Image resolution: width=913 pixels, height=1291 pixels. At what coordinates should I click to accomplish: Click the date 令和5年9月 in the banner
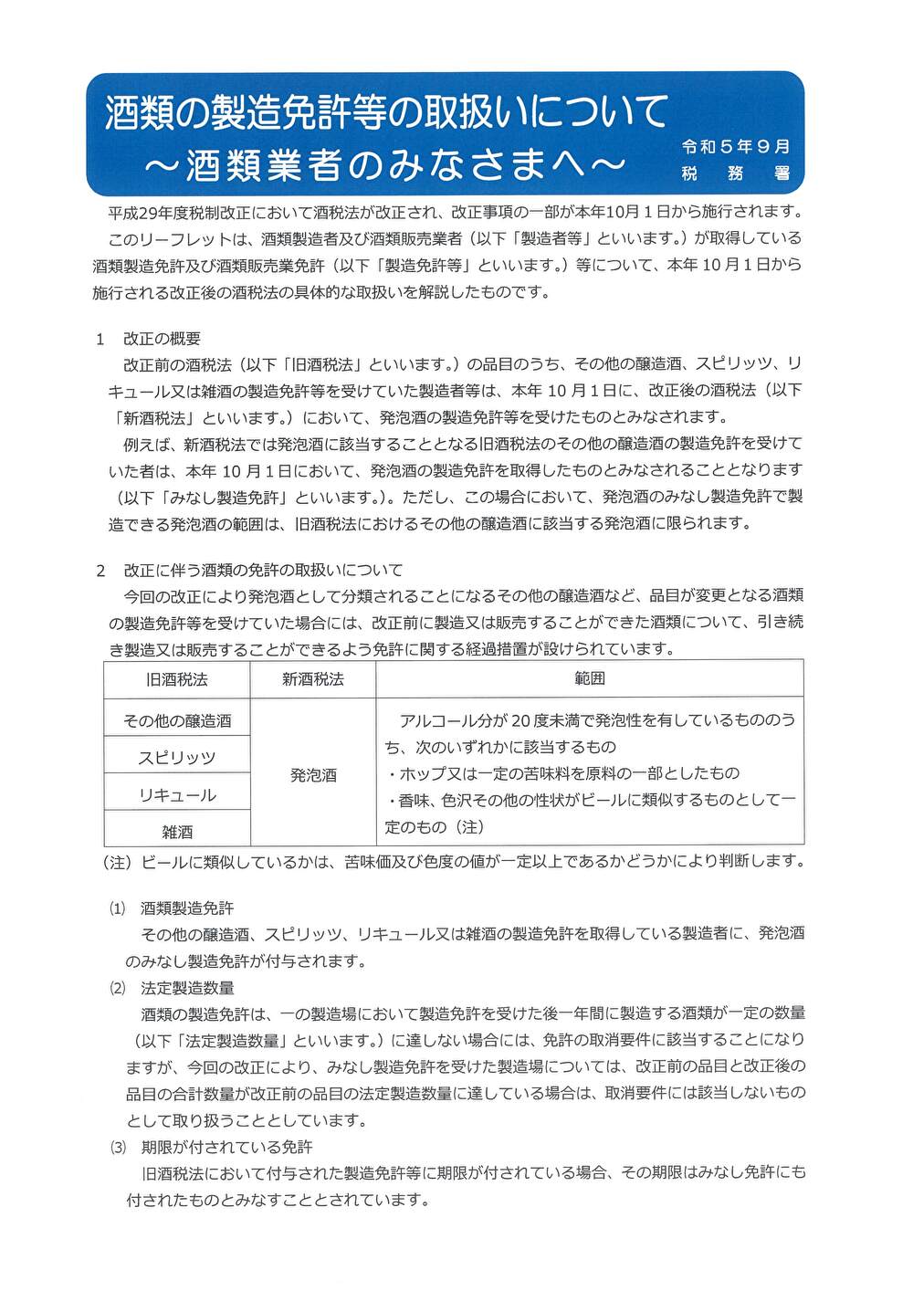click(x=735, y=146)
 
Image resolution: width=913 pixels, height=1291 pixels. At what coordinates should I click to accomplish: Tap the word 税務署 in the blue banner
click(x=735, y=173)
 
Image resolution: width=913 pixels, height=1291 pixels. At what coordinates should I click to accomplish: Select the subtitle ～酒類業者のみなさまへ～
click(x=385, y=164)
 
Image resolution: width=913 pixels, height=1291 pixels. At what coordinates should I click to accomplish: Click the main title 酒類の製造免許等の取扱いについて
click(x=386, y=111)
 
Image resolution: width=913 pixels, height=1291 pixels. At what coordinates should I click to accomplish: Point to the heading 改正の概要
click(x=162, y=339)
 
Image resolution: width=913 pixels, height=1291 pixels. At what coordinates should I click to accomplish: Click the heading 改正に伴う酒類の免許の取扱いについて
click(x=263, y=570)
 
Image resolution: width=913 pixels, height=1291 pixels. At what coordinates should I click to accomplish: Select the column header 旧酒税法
click(x=177, y=679)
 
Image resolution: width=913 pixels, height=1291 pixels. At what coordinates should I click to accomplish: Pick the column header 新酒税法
click(x=313, y=679)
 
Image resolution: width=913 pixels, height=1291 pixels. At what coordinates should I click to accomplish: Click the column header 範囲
click(x=590, y=678)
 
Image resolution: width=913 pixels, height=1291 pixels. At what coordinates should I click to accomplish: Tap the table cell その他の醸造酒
click(x=177, y=720)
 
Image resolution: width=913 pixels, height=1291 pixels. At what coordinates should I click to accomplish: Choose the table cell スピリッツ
click(x=177, y=758)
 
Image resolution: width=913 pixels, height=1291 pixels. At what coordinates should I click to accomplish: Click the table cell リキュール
click(x=177, y=795)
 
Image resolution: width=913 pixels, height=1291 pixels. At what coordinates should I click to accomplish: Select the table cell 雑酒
click(x=177, y=832)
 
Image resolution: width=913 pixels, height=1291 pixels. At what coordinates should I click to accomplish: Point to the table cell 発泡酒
click(x=313, y=775)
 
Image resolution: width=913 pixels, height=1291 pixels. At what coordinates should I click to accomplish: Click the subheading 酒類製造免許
click(x=187, y=908)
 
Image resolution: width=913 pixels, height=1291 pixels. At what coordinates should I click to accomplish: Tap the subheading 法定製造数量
click(x=187, y=988)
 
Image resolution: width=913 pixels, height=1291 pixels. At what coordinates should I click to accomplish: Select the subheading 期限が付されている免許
click(x=226, y=1147)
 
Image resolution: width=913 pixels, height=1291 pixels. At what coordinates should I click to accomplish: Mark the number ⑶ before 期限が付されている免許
click(x=118, y=1147)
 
